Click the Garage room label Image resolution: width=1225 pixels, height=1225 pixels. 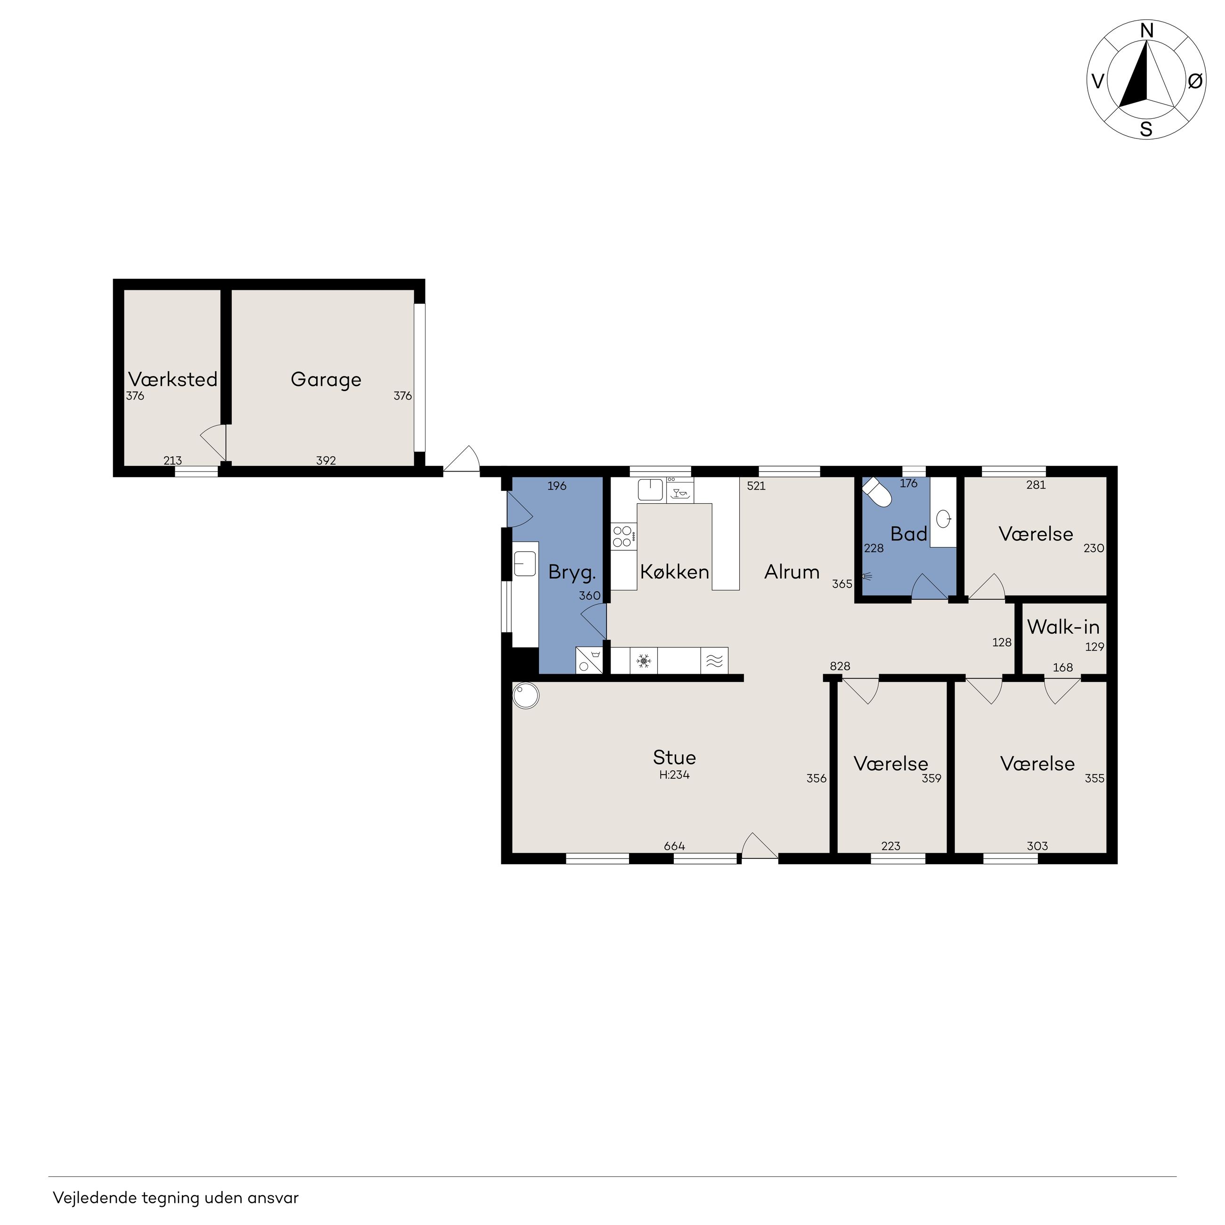pos(326,380)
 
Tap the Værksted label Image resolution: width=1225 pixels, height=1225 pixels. pos(172,379)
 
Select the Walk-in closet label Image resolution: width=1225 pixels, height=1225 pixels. pos(1063,627)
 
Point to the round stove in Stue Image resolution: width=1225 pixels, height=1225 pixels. pos(526,695)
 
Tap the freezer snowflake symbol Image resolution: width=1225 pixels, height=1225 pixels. pos(644,662)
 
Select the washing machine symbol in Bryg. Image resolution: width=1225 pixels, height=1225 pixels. pos(589,660)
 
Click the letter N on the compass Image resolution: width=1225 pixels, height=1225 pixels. pos(1146,31)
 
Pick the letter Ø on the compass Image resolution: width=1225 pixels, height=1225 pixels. pos(1194,81)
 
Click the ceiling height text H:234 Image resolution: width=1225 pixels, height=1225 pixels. pos(674,774)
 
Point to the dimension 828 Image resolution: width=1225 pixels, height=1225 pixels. pos(840,666)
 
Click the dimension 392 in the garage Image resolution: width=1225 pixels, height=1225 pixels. pos(326,460)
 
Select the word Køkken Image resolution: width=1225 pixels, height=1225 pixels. pos(675,572)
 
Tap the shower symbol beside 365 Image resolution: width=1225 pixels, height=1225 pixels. pos(867,577)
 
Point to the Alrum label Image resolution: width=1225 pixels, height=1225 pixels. pos(792,572)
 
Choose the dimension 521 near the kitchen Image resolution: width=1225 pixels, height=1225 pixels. pos(756,486)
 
